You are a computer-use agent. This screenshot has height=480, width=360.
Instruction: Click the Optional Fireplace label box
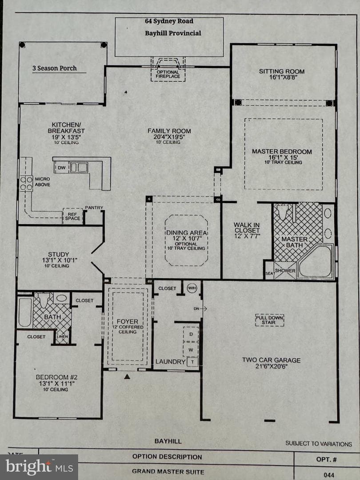coord(168,74)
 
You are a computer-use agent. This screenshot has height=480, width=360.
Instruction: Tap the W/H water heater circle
coord(192,288)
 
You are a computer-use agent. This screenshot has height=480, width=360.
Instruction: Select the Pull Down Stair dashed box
coord(269,320)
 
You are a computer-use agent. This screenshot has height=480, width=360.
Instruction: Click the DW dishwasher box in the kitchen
coord(61,168)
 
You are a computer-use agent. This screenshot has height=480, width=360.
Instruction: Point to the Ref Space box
coord(73,216)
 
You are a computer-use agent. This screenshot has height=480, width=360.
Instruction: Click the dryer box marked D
coord(191,334)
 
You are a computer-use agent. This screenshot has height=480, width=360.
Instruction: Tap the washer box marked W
coord(191,350)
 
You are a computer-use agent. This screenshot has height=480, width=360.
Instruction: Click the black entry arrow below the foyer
coord(127,376)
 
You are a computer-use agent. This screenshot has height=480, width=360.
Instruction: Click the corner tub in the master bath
coord(316,262)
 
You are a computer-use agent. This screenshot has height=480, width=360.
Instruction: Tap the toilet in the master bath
coord(283,211)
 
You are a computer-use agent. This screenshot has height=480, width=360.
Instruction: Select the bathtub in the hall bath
coord(25,312)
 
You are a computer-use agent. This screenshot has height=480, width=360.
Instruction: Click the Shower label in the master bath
coord(285,271)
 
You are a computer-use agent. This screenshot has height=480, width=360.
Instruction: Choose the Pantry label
coord(94,208)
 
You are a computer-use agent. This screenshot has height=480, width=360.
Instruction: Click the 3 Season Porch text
coord(55,68)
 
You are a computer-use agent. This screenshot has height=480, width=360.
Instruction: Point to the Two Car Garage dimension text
coord(271,367)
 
